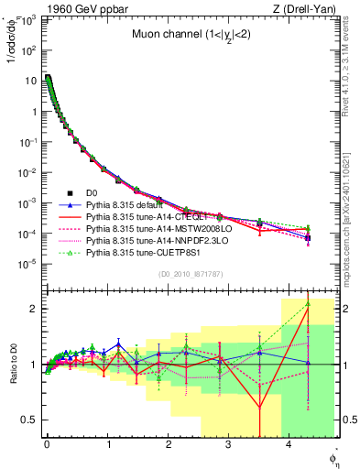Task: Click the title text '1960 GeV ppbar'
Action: coord(75,8)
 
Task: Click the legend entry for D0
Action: coord(93,193)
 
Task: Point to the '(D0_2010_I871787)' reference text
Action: coord(190,275)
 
